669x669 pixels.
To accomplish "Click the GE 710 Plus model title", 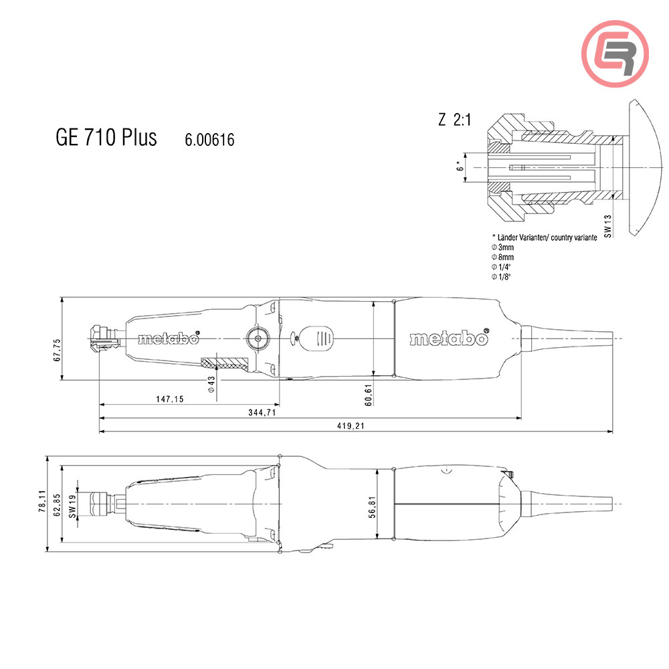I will (x=106, y=137).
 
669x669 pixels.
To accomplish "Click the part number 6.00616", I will (x=209, y=140).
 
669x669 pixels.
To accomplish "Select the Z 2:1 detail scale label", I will (x=455, y=120).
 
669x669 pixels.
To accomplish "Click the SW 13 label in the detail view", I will (x=607, y=225).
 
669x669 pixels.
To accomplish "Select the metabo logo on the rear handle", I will (x=448, y=339).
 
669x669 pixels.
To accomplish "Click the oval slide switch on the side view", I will (x=316, y=338).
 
